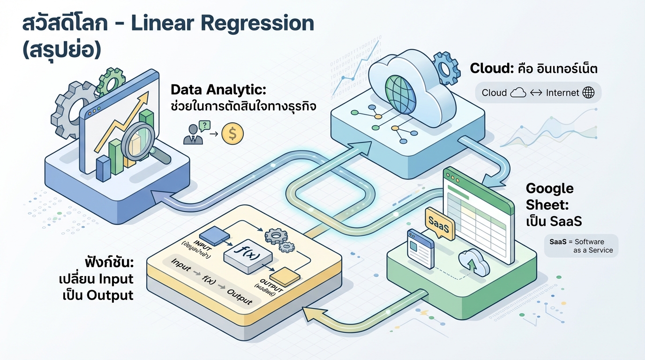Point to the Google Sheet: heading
(x=549, y=196)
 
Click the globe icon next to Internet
(x=588, y=93)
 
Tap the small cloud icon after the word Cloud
(x=517, y=93)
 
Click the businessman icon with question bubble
(x=194, y=133)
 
